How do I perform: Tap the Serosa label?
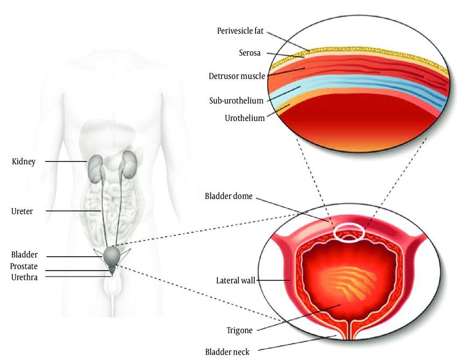pos(251,53)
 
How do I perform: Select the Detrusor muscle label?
pos(237,76)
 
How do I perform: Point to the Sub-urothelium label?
pos(236,101)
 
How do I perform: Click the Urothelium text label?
pos(245,118)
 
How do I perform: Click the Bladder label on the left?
pos(24,255)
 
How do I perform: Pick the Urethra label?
pos(24,277)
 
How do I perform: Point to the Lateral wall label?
pos(235,280)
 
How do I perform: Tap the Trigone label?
pos(239,329)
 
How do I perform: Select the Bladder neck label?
pos(227,352)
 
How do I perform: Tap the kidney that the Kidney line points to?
pos(96,164)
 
